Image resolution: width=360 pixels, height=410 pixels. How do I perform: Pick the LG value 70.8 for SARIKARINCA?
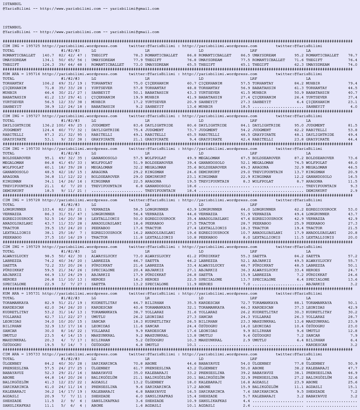point(138,364)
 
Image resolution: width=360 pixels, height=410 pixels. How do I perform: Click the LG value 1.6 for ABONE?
point(139,406)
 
